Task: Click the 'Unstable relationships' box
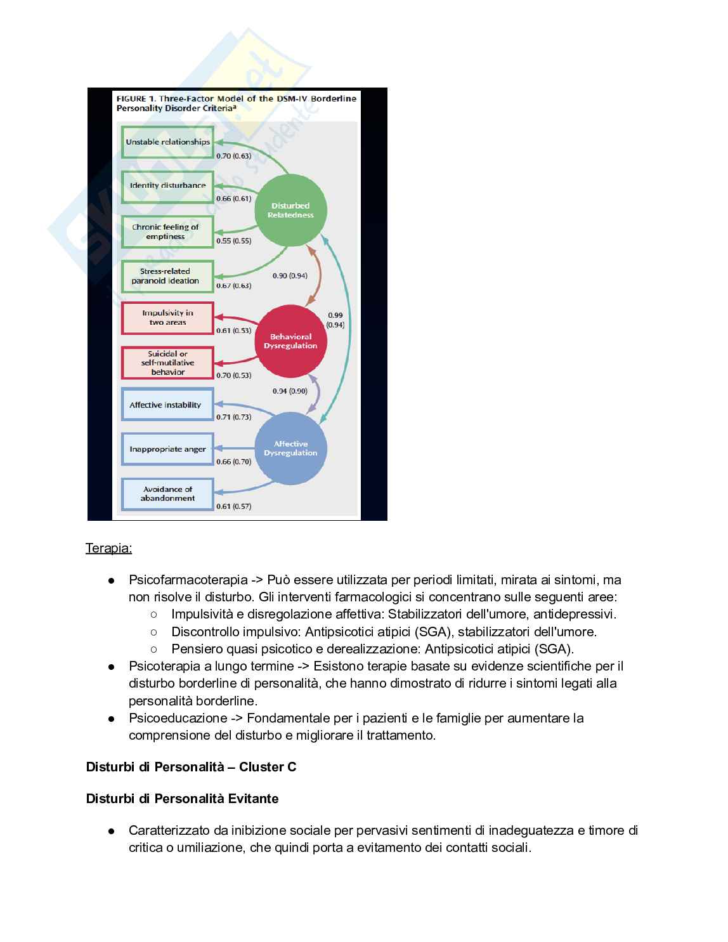[167, 142]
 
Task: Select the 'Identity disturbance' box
[167, 186]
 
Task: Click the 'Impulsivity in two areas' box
[167, 318]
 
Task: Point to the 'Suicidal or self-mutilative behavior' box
[167, 363]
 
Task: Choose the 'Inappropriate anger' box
[167, 449]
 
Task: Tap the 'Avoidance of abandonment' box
[167, 494]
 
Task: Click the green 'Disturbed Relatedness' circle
[290, 210]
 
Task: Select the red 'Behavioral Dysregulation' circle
[290, 341]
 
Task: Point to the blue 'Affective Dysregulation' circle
[290, 448]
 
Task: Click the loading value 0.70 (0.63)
[233, 156]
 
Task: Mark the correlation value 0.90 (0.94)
[290, 276]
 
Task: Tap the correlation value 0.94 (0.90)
[290, 391]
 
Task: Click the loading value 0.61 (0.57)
[233, 506]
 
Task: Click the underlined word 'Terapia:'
[109, 548]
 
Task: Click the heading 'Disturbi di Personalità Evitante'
[182, 799]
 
